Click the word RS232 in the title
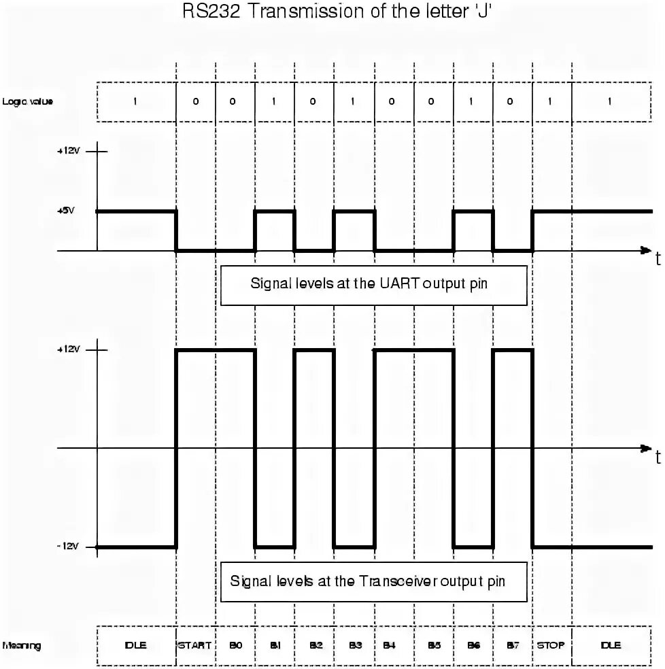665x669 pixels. pyautogui.click(x=211, y=12)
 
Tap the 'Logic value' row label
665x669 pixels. pyautogui.click(x=27, y=101)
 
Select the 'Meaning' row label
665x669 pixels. pyautogui.click(x=22, y=645)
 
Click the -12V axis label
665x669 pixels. pyautogui.click(x=69, y=546)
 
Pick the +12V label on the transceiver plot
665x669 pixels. pyautogui.click(x=69, y=349)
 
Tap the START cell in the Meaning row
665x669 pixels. pyautogui.click(x=196, y=645)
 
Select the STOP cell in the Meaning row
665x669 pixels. pyautogui.click(x=551, y=645)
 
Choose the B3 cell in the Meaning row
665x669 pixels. pyautogui.click(x=354, y=645)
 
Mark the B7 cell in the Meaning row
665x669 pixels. pyautogui.click(x=513, y=645)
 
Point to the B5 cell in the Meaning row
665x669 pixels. pyautogui.click(x=434, y=645)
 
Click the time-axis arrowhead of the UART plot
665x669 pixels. pyautogui.click(x=645, y=250)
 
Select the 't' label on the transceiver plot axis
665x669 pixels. pyautogui.click(x=658, y=457)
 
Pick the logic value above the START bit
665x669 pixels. pyautogui.click(x=196, y=101)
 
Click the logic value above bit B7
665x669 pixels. pyautogui.click(x=513, y=101)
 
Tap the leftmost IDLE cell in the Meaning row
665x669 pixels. pyautogui.click(x=135, y=645)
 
